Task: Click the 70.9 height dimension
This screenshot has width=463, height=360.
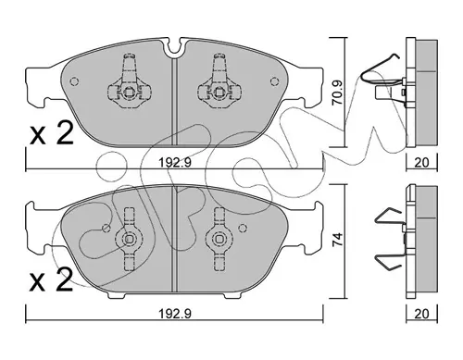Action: click(x=338, y=93)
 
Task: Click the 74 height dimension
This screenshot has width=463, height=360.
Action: click(x=338, y=239)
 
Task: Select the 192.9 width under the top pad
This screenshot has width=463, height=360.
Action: click(x=175, y=162)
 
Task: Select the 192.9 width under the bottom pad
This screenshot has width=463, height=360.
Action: click(x=175, y=314)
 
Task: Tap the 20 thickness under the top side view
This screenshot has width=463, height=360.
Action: click(x=421, y=163)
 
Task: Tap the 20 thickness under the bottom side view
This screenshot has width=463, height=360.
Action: click(x=421, y=314)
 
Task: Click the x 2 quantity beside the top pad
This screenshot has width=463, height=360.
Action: click(x=52, y=133)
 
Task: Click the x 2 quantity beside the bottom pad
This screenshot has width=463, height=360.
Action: click(x=51, y=279)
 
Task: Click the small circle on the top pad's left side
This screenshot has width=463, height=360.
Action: click(x=74, y=81)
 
